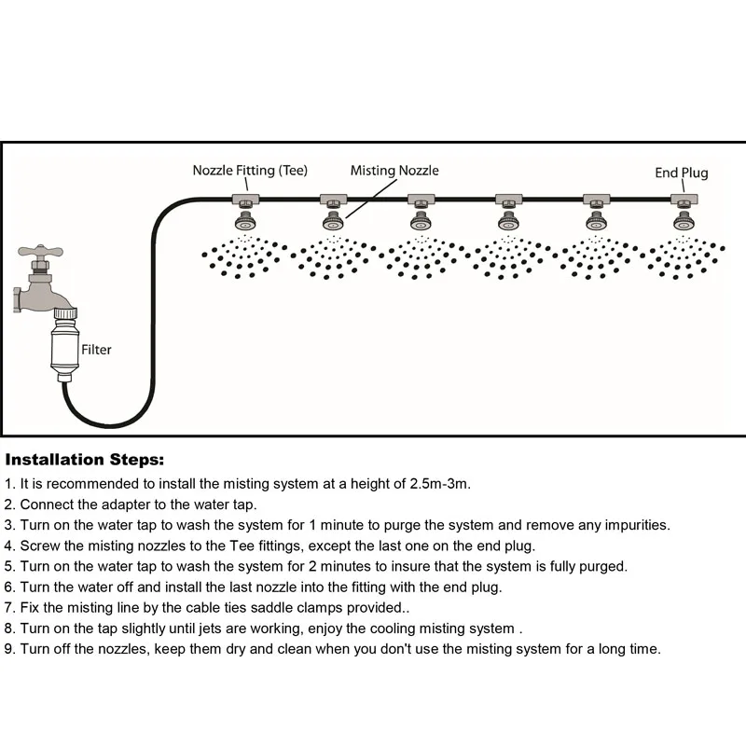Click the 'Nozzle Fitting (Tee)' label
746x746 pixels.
tap(250, 171)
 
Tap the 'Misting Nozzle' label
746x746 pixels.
tap(394, 171)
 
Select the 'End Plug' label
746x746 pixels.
tap(681, 173)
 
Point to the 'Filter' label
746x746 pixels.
tap(96, 350)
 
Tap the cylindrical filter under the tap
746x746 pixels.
tap(68, 349)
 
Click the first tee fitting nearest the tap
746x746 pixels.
tap(245, 200)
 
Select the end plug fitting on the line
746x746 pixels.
tap(684, 200)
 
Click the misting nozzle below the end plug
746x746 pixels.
tap(684, 222)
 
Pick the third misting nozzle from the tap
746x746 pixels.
tap(421, 222)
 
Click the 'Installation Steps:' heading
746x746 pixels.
tap(85, 460)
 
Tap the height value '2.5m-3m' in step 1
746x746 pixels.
tap(440, 484)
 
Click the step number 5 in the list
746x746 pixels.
tap(9, 566)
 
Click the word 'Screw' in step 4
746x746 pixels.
tap(39, 546)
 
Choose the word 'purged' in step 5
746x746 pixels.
tap(601, 566)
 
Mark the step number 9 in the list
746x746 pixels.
tap(9, 648)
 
